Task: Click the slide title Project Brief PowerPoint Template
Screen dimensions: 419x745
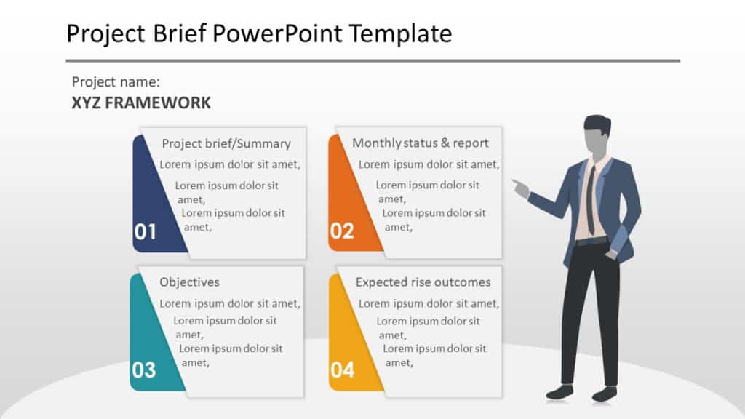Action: click(x=258, y=33)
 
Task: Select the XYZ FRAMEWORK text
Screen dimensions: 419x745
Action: click(x=141, y=103)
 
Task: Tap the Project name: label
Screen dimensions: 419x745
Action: click(x=116, y=82)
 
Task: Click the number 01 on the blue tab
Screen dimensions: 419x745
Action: click(x=146, y=232)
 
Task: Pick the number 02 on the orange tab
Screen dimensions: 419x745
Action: click(x=342, y=231)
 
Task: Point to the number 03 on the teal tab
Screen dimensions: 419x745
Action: click(x=144, y=370)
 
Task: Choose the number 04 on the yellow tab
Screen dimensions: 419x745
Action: click(x=342, y=370)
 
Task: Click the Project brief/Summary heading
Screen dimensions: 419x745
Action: click(x=226, y=143)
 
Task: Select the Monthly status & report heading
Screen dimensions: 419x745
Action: click(x=421, y=143)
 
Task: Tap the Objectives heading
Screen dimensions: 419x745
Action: click(x=189, y=282)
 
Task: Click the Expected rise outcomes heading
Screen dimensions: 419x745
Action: click(x=423, y=282)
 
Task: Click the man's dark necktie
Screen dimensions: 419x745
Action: click(x=591, y=200)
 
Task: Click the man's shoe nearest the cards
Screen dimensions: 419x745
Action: click(x=559, y=392)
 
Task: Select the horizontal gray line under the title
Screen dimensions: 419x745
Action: click(x=372, y=60)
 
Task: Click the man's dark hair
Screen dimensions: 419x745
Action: click(x=597, y=122)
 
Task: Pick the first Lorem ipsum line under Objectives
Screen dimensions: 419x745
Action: click(x=230, y=303)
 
